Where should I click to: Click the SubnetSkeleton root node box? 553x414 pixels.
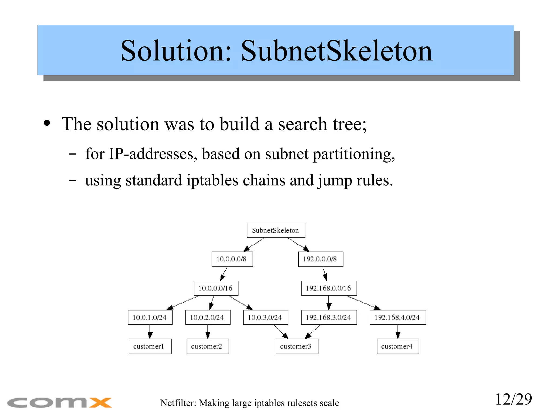276,230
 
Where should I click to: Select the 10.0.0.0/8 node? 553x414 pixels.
232,259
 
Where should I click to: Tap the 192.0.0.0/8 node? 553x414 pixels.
321,259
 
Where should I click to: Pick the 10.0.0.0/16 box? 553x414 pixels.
216,288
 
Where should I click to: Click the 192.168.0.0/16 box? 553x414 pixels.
329,288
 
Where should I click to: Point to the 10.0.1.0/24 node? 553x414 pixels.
150,317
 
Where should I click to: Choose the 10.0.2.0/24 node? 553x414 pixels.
208,317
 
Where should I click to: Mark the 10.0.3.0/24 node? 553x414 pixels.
265,317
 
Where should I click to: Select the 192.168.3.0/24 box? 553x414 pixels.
329,317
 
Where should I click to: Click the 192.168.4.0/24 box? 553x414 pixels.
397,317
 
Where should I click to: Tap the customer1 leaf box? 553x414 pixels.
150,346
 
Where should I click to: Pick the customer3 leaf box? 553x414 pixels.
297,346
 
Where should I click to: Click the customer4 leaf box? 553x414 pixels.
397,346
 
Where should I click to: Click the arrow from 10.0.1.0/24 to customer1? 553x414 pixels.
150,332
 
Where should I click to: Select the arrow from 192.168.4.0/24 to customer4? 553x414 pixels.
397,332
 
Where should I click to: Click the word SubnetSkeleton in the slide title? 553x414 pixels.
336,51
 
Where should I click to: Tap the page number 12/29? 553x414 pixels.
513,399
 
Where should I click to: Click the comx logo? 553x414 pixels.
59,403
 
